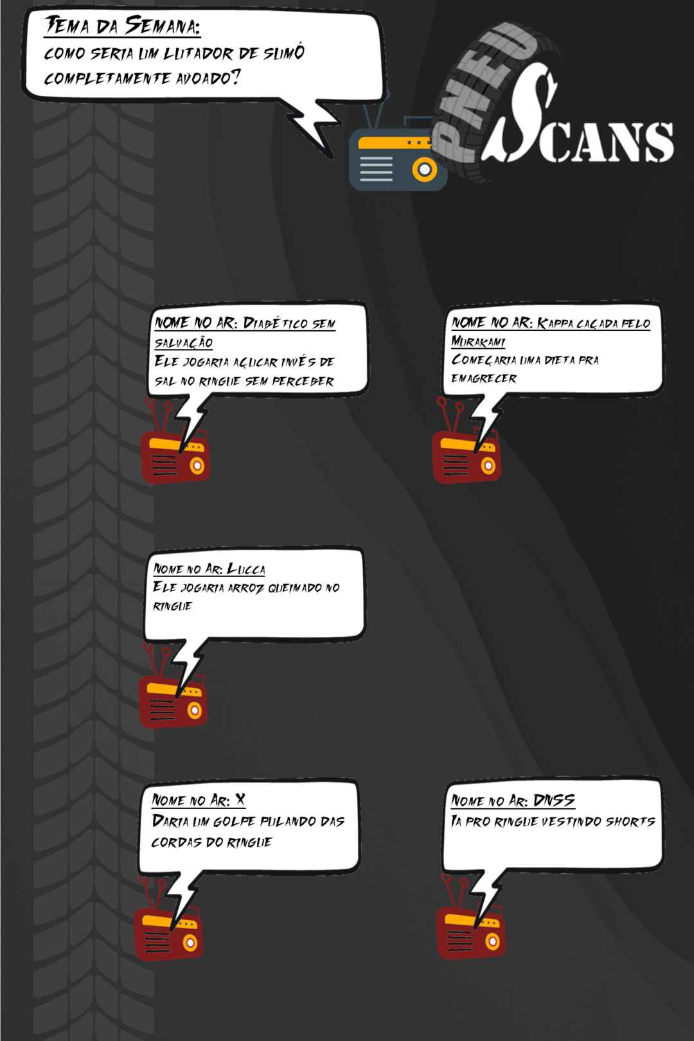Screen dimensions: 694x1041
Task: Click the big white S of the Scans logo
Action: coord(520,116)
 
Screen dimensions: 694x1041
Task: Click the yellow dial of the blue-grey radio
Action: coord(424,169)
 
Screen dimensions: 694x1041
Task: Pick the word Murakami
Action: coord(478,342)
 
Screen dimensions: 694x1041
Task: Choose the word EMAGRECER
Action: coord(483,378)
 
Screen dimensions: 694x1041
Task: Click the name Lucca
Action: coord(246,569)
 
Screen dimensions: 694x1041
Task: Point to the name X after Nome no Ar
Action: coord(240,800)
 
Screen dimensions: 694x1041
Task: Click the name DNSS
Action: coord(554,800)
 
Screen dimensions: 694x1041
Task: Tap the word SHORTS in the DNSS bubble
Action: coord(630,822)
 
